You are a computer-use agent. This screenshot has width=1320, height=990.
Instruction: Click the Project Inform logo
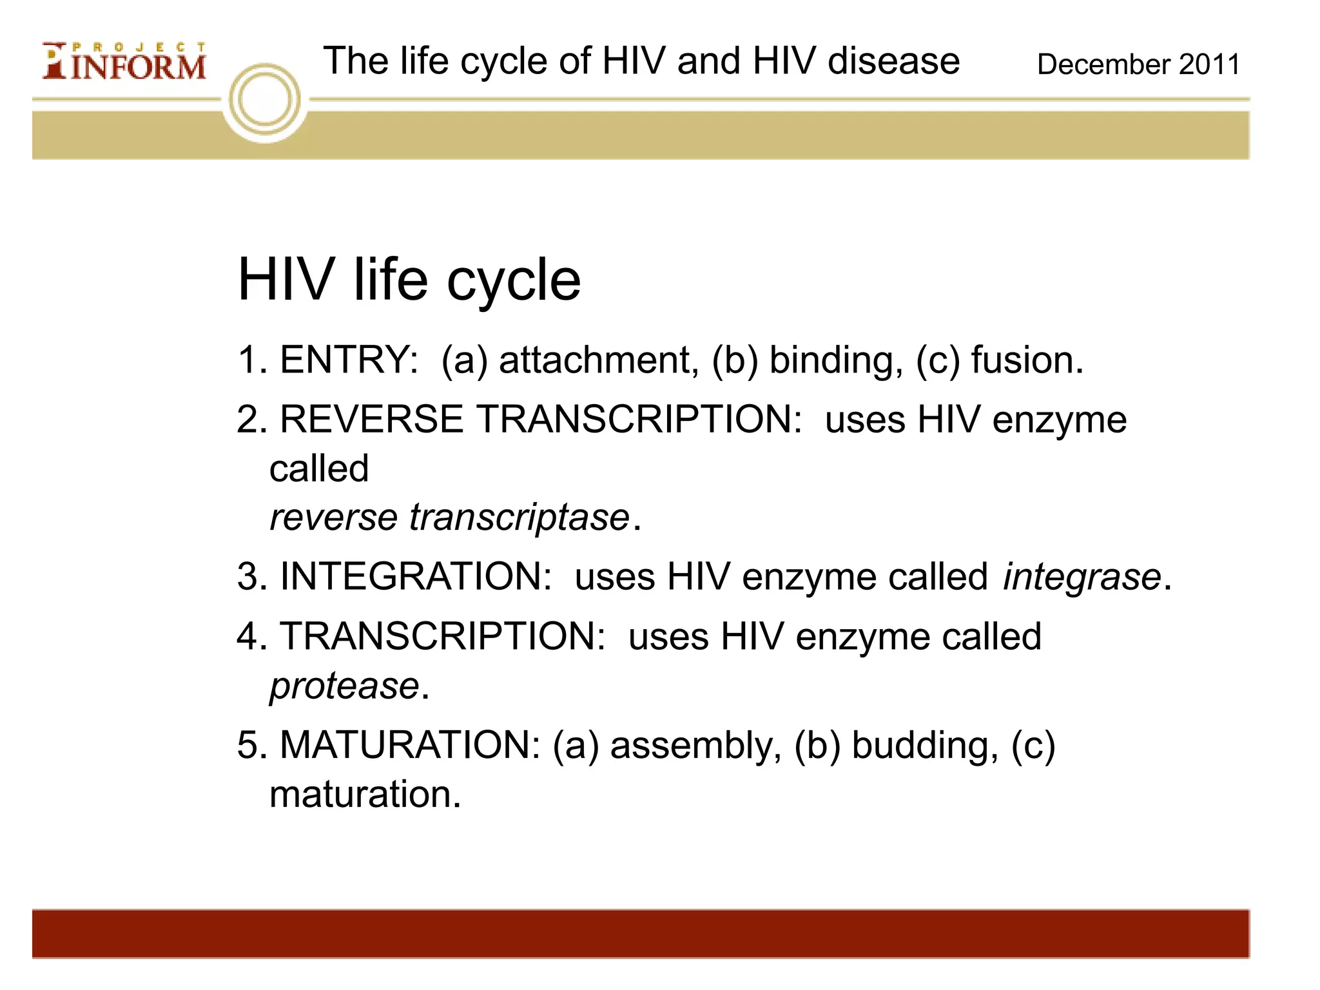click(124, 62)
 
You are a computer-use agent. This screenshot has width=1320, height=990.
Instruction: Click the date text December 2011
click(1138, 64)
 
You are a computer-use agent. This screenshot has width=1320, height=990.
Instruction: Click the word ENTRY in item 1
click(349, 360)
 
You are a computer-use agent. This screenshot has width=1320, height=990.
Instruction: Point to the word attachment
click(599, 360)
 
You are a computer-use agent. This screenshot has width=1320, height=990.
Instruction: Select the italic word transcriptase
click(519, 518)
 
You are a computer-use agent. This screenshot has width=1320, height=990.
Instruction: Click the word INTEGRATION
click(416, 576)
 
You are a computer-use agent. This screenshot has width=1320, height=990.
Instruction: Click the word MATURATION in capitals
click(410, 745)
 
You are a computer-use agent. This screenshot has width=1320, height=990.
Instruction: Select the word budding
click(925, 745)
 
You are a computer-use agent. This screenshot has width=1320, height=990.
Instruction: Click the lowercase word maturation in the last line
click(365, 794)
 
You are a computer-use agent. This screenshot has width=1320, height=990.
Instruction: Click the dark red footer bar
click(641, 933)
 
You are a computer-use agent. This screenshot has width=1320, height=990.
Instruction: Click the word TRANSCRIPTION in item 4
click(442, 637)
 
